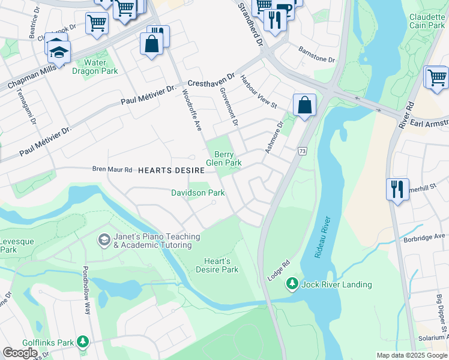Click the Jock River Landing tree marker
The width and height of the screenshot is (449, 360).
tap(292, 283)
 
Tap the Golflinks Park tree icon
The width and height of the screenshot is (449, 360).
tap(83, 342)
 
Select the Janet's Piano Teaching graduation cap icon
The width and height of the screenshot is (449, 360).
tap(104, 240)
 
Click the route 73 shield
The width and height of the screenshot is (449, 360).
tap(302, 151)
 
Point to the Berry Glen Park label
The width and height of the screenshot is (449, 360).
tap(224, 158)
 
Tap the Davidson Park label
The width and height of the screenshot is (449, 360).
tap(197, 193)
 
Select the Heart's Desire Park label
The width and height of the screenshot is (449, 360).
tap(217, 265)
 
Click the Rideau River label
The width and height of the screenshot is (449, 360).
tap(322, 238)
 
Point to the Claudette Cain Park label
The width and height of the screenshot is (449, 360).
tap(427, 22)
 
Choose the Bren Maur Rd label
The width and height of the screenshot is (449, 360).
tap(112, 170)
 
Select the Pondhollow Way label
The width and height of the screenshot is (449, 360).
tap(86, 290)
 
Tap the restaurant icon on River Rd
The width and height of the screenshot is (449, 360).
tap(397, 189)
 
